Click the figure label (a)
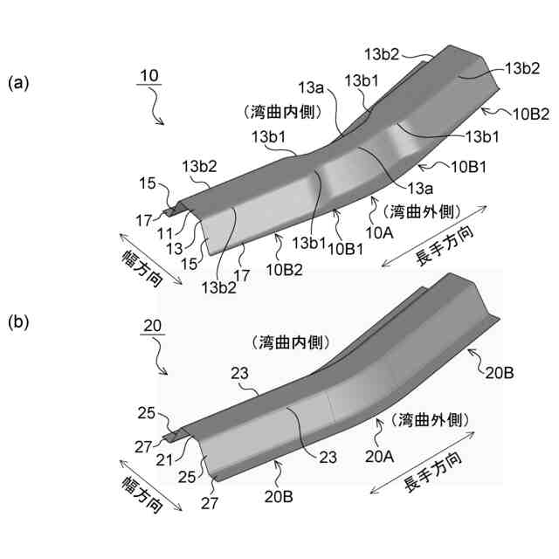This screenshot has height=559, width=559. tap(19, 83)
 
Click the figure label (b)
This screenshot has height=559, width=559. tap(19, 322)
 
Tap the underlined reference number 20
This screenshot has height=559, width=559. tap(152, 326)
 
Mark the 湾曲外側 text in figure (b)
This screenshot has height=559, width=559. tap(431, 419)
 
